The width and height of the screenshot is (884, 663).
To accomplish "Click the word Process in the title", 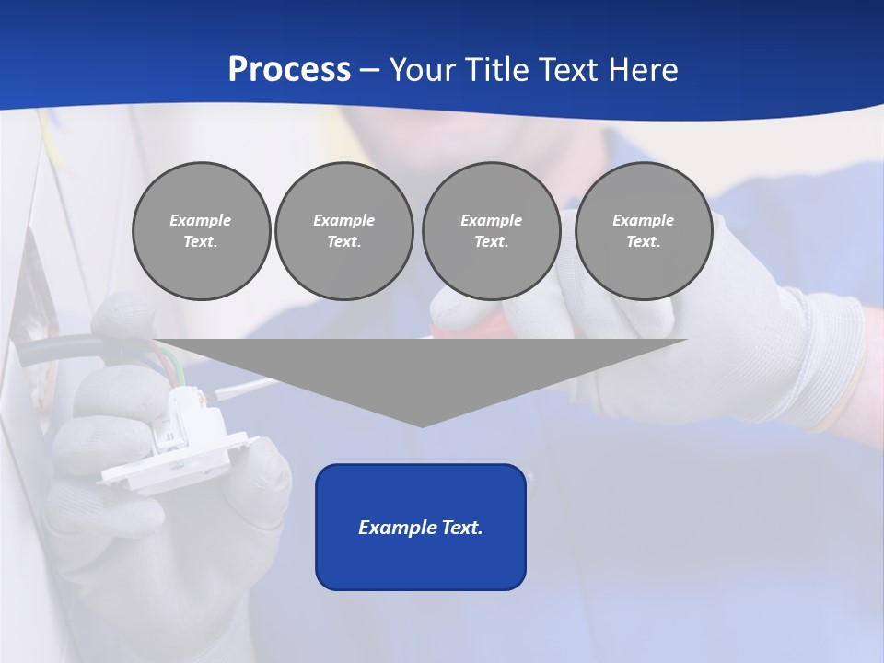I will pyautogui.click(x=289, y=69).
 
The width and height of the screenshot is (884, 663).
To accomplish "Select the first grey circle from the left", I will pyautogui.click(x=202, y=231).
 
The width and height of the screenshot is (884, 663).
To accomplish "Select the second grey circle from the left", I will pyautogui.click(x=344, y=231).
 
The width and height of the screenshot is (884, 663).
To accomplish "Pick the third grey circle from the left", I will pyautogui.click(x=492, y=231).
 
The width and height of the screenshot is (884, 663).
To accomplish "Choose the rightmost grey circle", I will pyautogui.click(x=644, y=231).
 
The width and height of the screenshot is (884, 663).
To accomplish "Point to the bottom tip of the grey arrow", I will pyautogui.click(x=422, y=425).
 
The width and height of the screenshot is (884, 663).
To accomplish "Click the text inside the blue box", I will pyautogui.click(x=421, y=528).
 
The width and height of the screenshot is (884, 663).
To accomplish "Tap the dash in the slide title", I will pyautogui.click(x=369, y=69).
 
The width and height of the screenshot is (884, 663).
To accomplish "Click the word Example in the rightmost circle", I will pyautogui.click(x=643, y=220).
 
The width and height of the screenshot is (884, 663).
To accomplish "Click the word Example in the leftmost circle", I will pyautogui.click(x=201, y=220).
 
